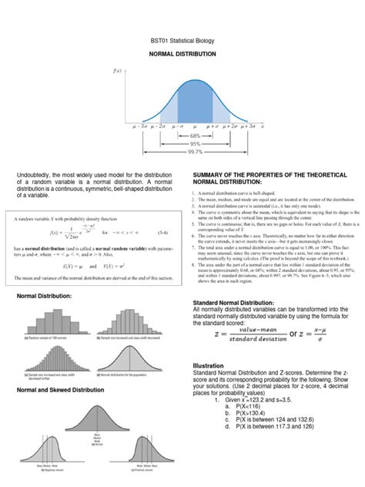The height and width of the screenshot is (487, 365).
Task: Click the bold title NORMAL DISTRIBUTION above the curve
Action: [182, 55]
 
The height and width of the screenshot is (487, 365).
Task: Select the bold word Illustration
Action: [209, 366]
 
